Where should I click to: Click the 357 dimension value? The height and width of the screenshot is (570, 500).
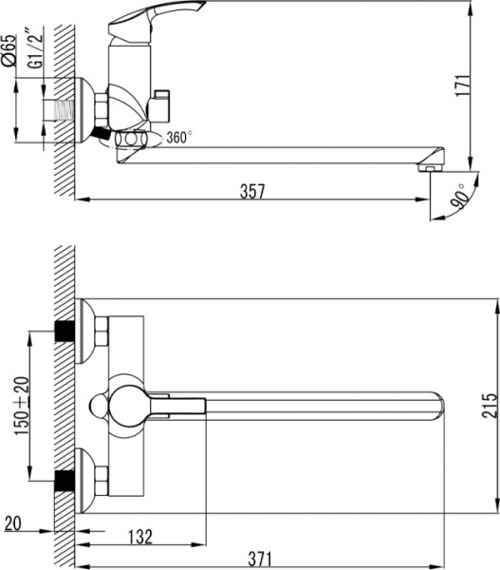pos(251,191)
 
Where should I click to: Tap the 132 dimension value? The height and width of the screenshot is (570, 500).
pos(139,537)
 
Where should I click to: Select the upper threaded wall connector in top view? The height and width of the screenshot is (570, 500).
pos(65,332)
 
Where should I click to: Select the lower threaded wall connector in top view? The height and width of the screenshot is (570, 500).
pos(65,479)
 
